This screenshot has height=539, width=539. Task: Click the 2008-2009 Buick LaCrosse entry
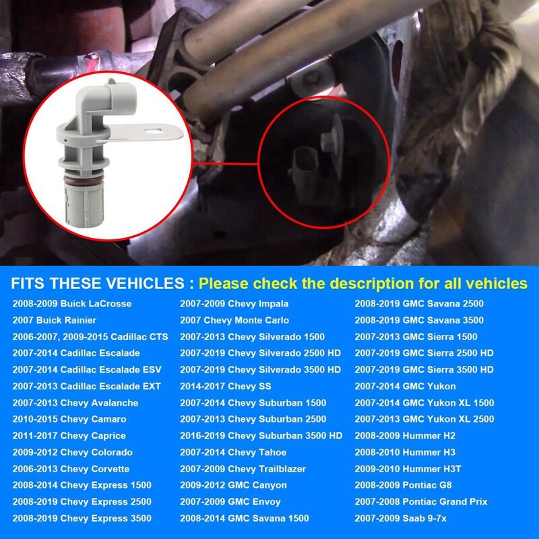pyautogui.click(x=71, y=304)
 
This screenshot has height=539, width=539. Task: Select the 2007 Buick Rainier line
pyautogui.click(x=55, y=320)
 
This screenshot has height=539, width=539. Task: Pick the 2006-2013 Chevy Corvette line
pyautogui.click(x=71, y=469)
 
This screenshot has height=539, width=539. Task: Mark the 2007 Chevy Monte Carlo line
pyautogui.click(x=234, y=320)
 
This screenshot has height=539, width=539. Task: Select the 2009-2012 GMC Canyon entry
pyautogui.click(x=233, y=485)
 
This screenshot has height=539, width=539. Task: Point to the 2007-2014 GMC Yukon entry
pyautogui.click(x=405, y=387)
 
